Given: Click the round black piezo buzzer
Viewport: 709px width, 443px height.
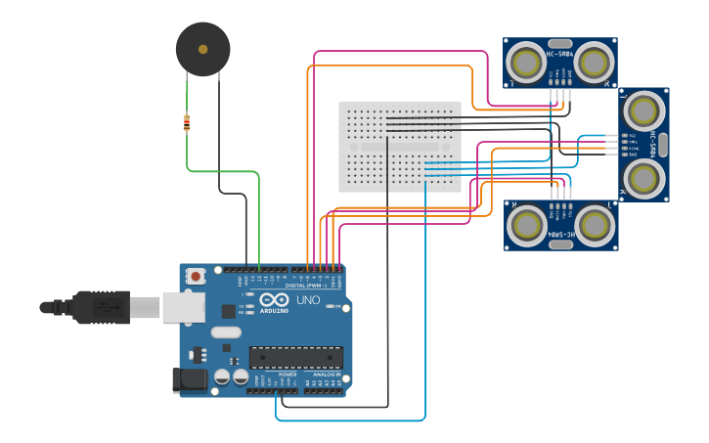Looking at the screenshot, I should (203, 49).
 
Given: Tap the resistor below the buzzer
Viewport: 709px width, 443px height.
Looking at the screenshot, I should (187, 122).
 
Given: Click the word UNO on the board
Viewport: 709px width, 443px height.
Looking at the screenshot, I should (308, 300).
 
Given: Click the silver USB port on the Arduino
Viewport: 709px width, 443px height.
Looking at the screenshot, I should (183, 307).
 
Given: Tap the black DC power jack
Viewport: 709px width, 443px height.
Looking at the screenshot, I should (190, 379).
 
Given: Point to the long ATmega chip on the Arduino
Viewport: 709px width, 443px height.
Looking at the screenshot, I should (295, 358).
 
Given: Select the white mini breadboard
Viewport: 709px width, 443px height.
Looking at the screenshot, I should (400, 147).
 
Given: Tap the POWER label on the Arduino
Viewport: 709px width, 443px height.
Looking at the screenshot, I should (288, 374).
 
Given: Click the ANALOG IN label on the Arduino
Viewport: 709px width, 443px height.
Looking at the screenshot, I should (327, 374).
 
